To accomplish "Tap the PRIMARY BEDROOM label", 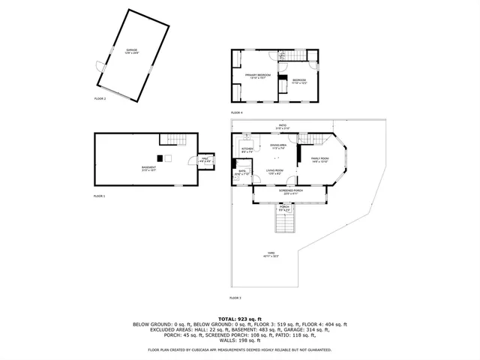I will coord(257,76).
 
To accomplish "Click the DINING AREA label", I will coord(279,145).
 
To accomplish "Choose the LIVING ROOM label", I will coord(274,172).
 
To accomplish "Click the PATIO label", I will coord(283,126).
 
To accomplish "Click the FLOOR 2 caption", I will coord(100,99).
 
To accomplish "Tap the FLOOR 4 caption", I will coord(237,112).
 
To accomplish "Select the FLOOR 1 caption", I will coord(100,196).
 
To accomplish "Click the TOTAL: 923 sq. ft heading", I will coord(240,319).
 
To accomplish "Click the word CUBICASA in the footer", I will coord(221,349).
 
